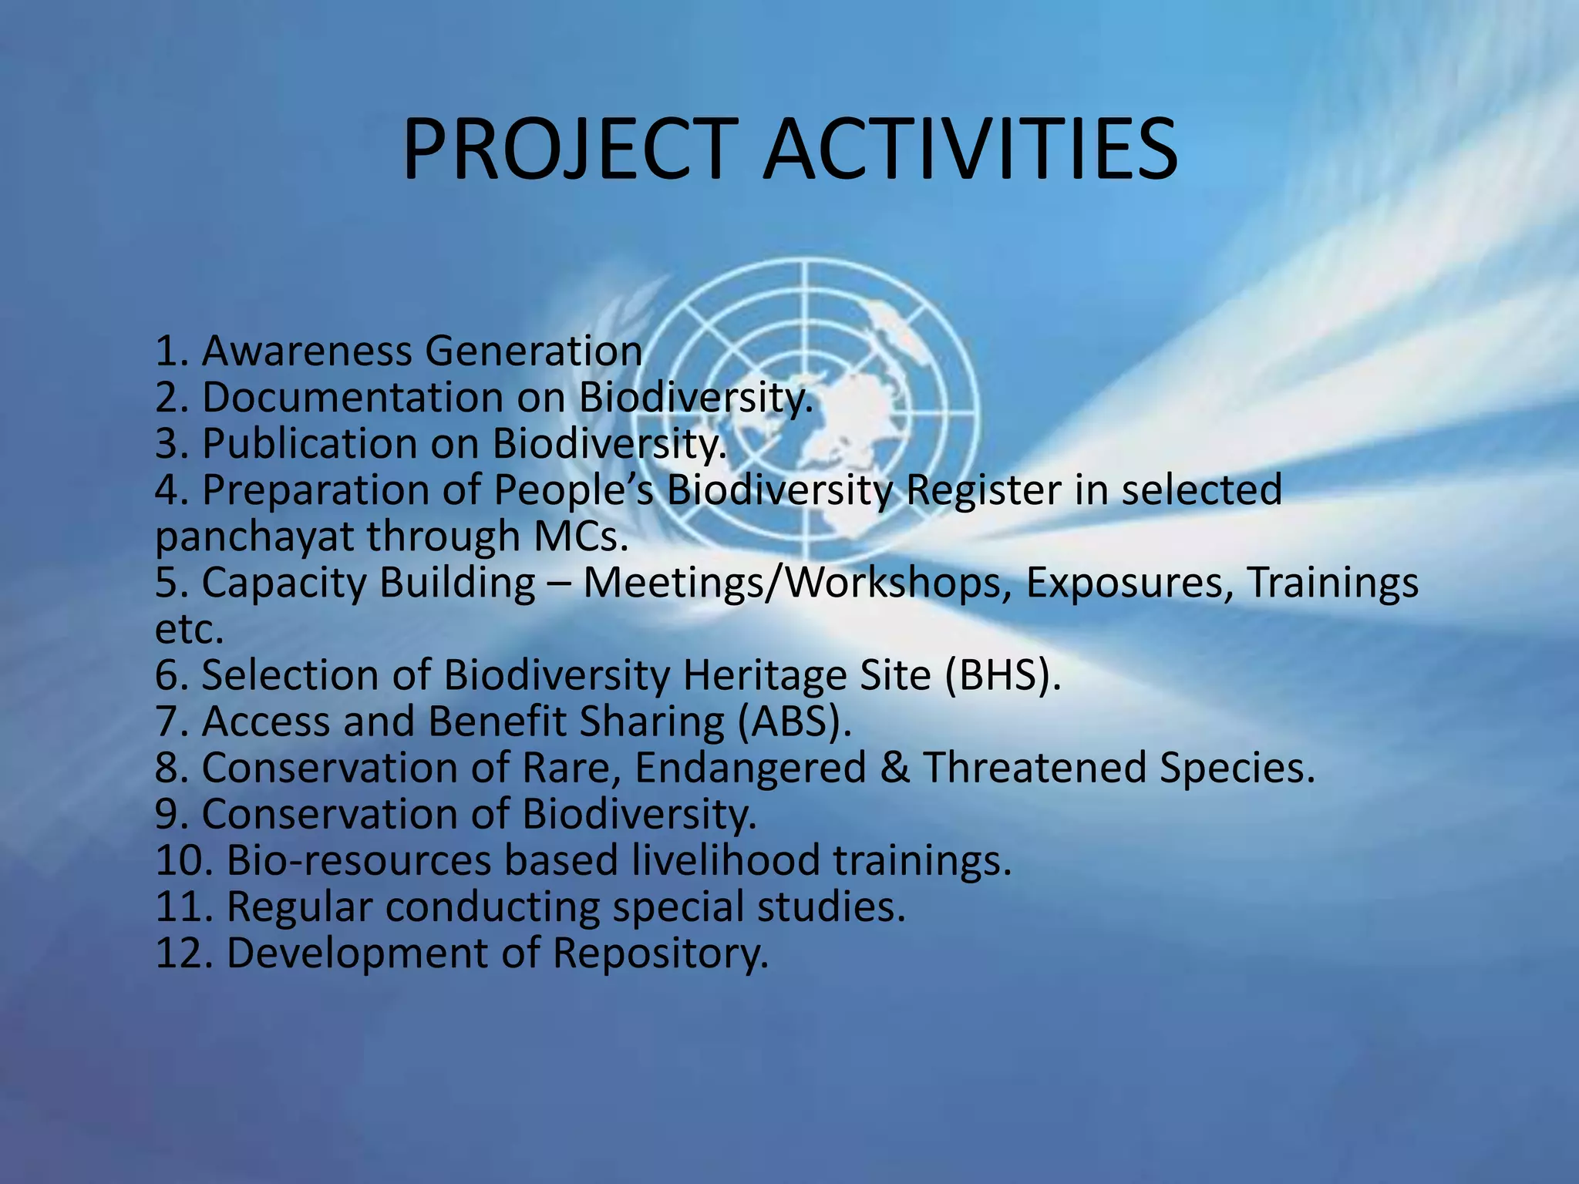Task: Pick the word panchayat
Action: [x=254, y=537]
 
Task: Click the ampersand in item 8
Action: [x=894, y=768]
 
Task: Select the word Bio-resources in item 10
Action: [x=359, y=860]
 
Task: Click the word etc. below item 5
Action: [x=189, y=630]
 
